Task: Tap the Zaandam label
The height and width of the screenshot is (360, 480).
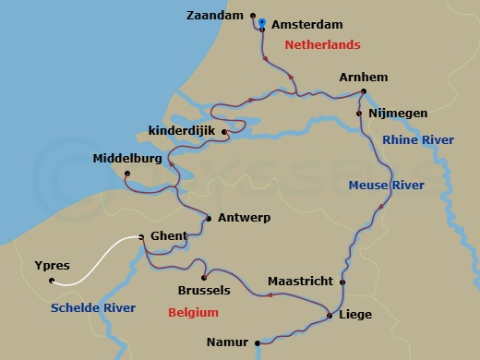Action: (221, 16)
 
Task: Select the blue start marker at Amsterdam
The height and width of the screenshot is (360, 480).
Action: (262, 22)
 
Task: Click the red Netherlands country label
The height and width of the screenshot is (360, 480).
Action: (322, 44)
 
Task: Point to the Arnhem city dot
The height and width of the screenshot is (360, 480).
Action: (363, 90)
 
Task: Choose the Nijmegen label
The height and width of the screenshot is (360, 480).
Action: (398, 114)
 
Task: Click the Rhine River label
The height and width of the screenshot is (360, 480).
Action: (418, 139)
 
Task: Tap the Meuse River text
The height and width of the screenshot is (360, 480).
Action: (386, 185)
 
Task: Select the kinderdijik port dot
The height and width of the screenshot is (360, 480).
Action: (224, 132)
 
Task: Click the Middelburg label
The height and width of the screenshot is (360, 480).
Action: (127, 159)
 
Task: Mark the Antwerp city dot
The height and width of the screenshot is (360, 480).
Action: (210, 219)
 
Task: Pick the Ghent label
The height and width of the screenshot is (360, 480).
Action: (167, 236)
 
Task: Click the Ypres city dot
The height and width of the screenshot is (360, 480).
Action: (52, 281)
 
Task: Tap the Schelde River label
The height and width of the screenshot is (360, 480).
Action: (93, 307)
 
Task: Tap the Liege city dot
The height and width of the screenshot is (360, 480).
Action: (330, 317)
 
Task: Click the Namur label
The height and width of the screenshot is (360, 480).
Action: (228, 342)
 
